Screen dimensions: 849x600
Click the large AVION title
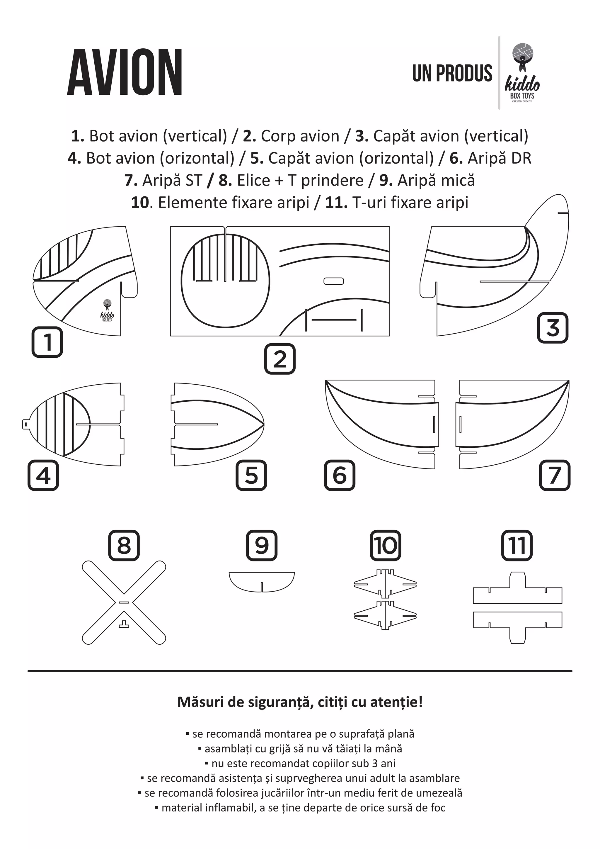click(125, 72)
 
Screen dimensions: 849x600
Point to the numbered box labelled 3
click(552, 328)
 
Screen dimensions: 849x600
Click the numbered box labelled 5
click(251, 475)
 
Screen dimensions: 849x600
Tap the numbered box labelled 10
click(385, 545)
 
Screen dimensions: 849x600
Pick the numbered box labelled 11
click(517, 545)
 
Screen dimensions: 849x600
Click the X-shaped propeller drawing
click(124, 603)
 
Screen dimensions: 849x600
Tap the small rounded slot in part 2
click(334, 281)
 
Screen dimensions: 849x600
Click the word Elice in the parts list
click(253, 181)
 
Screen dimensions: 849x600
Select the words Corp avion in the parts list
click(300, 136)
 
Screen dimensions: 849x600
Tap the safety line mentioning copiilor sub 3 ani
click(300, 763)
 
